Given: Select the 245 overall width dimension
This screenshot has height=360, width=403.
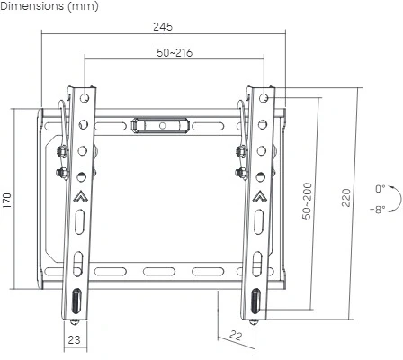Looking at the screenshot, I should tap(163, 26).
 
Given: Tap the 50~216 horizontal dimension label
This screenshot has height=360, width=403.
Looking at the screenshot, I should tap(174, 52).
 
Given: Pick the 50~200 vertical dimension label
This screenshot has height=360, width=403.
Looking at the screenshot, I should tap(307, 202).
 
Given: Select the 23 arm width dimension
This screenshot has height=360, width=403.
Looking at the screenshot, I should tap(75, 339).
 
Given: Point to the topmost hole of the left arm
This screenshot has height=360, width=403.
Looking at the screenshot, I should tap(84, 95).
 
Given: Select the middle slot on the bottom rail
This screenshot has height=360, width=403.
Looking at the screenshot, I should tap(163, 271).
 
